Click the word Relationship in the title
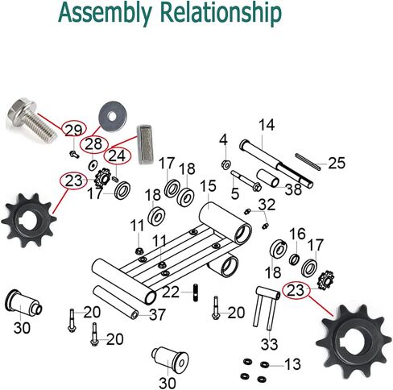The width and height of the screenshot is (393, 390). (x=221, y=13)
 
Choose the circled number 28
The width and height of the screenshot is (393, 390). (x=93, y=144)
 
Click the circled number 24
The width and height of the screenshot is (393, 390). (x=117, y=156)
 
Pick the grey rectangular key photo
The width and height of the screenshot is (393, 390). (x=145, y=144)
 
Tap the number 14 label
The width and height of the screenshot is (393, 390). (x=267, y=125)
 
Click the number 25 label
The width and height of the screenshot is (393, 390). (x=337, y=163)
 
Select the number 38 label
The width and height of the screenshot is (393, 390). (x=293, y=189)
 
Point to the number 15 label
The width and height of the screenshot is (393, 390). (x=208, y=185)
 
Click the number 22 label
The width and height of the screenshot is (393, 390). (x=171, y=292)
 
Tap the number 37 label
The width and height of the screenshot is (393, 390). (x=157, y=314)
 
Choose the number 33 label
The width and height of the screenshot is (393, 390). (x=269, y=344)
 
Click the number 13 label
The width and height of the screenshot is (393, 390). (x=292, y=364)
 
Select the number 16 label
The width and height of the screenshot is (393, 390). (x=297, y=234)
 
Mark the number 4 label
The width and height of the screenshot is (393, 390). (x=223, y=140)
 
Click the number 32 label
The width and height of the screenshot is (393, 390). (x=267, y=205)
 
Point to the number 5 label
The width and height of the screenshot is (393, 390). (x=235, y=193)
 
